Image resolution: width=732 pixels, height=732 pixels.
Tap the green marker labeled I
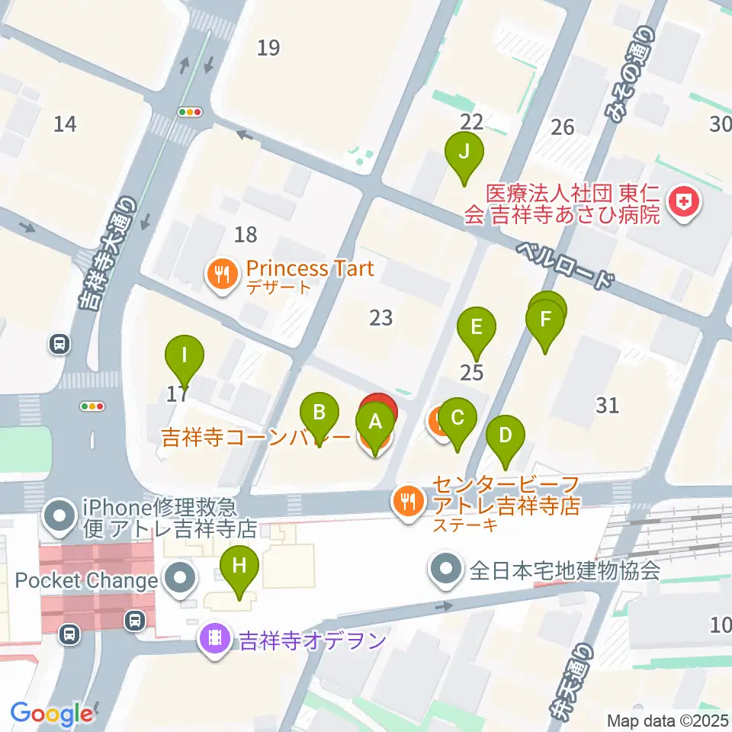click(185, 355)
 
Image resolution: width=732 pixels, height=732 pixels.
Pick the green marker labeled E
click(477, 328)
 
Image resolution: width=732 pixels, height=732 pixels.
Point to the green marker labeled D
click(506, 435)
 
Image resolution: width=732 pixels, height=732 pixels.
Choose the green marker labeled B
click(319, 413)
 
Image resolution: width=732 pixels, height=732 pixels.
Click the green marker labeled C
click(457, 418)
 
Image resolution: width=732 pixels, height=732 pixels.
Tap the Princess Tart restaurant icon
click(223, 274)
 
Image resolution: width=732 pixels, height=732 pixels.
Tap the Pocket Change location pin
click(181, 579)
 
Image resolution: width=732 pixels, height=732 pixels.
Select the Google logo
click(51, 714)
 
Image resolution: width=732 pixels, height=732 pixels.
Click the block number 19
click(268, 49)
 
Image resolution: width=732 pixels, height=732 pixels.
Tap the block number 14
click(66, 123)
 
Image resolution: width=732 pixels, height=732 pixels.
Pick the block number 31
click(607, 405)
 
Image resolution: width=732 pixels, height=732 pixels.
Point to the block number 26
click(562, 127)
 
